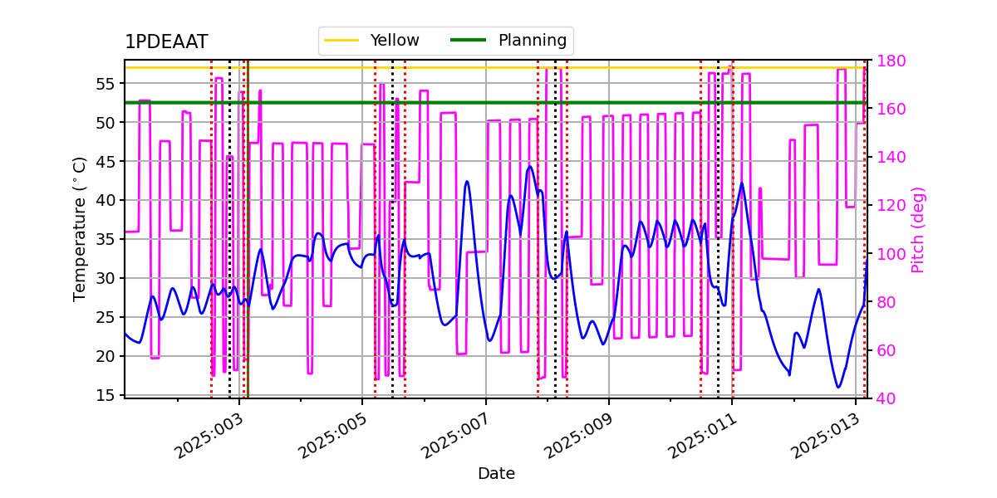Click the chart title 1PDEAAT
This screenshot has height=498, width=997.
166,42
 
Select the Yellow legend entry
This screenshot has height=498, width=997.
394,41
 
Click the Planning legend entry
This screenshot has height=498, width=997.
532,41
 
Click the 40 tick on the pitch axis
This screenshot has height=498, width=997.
885,398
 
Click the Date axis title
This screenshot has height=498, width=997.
496,474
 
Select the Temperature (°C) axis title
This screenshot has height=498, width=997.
80,228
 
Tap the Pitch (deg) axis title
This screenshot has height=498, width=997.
918,229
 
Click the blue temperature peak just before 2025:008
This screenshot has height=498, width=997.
530,166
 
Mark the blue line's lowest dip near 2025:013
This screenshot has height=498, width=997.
838,387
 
